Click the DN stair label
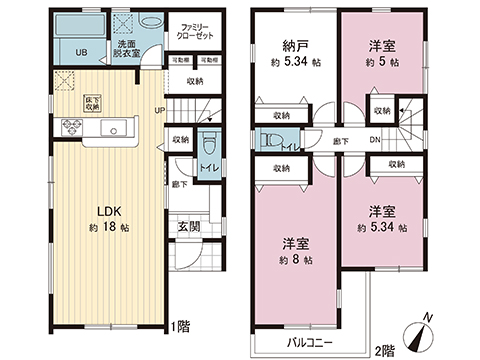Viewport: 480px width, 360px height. coord(373,140)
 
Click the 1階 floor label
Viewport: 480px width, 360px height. coord(180,327)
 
